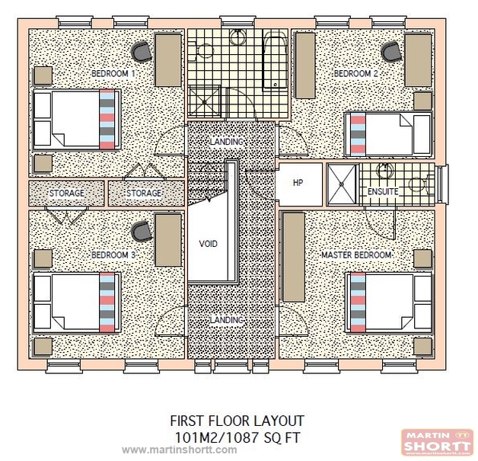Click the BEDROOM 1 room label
[113, 74]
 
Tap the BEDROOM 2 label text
[355, 74]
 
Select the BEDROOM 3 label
[113, 255]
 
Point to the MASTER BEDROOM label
[356, 255]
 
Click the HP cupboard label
[298, 183]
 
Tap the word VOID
[208, 245]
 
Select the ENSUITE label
[382, 192]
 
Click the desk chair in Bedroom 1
[142, 51]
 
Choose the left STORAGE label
[66, 194]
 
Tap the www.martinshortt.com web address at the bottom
[179, 450]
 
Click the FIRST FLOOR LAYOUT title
[237, 421]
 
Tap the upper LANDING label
[226, 142]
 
